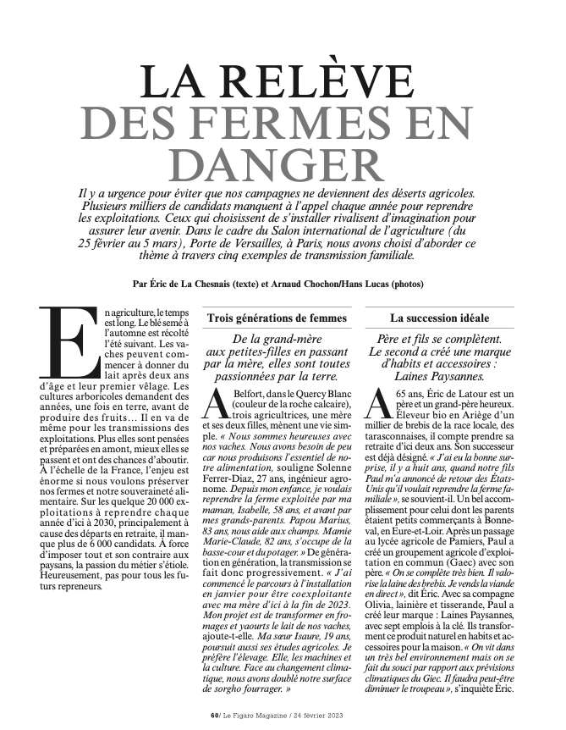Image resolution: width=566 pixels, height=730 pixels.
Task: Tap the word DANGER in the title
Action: pos(282,163)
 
